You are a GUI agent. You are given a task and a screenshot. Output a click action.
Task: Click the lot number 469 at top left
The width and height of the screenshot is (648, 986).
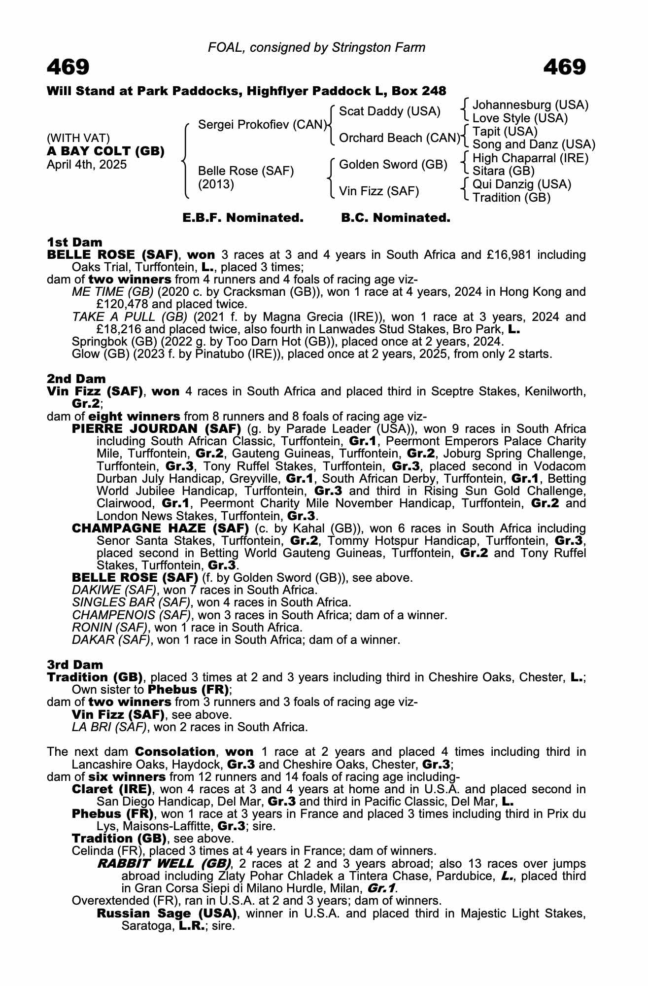[x=68, y=67]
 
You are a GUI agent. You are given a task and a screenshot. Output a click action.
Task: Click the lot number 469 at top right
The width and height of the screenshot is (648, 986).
[x=564, y=67]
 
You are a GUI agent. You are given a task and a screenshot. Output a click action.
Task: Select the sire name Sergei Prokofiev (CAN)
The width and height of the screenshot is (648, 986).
[x=263, y=125]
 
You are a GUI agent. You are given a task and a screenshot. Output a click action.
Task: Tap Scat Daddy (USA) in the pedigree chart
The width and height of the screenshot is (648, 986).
[x=389, y=111]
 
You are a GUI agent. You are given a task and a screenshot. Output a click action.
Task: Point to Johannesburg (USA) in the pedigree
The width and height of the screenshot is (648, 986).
[x=530, y=105]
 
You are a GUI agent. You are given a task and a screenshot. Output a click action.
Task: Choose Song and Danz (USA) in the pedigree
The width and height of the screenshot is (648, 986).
[x=534, y=144]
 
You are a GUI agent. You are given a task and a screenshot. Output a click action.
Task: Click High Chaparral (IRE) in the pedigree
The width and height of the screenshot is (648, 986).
[x=530, y=158]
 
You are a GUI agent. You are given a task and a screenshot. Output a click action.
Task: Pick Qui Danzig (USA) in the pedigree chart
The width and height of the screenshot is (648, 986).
[x=521, y=184]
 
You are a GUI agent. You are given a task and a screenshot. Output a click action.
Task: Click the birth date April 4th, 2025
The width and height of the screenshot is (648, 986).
[x=87, y=165]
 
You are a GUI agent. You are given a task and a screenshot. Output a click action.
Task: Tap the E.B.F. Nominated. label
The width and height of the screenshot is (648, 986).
[x=243, y=218]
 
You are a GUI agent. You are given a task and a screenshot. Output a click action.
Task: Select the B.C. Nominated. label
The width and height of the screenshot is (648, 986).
[x=396, y=218]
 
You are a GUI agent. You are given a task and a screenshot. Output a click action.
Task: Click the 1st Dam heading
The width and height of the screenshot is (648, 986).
[x=74, y=242]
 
